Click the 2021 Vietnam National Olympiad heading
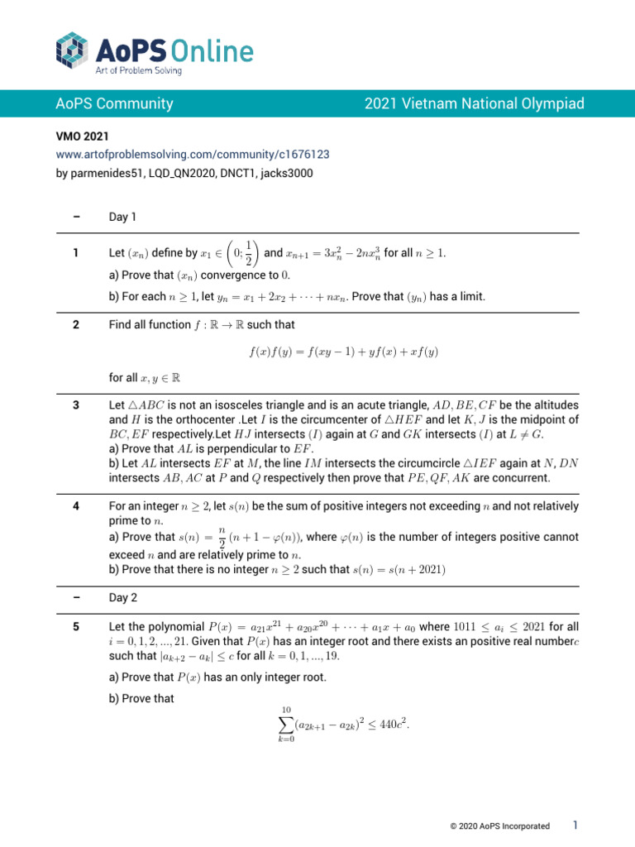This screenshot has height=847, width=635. (x=474, y=103)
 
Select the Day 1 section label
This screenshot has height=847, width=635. (x=122, y=218)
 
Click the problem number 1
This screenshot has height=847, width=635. (x=76, y=252)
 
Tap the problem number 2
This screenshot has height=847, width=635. (x=76, y=325)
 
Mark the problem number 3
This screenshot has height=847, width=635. (x=76, y=405)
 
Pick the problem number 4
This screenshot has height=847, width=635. (x=76, y=505)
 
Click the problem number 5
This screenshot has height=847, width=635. (x=76, y=627)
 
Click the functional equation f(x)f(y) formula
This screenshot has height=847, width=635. (x=343, y=352)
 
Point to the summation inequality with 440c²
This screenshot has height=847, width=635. (x=343, y=725)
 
